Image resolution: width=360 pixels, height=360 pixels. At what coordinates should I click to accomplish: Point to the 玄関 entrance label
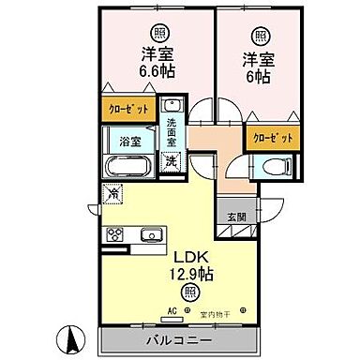pyautogui.click(x=235, y=217)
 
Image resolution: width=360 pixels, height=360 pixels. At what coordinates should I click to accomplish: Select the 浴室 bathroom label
pyautogui.click(x=130, y=142)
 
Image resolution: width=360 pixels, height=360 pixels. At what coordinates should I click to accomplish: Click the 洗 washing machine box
pyautogui.click(x=172, y=160)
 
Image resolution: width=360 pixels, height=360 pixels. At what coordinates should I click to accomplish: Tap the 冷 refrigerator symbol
pyautogui.click(x=112, y=195)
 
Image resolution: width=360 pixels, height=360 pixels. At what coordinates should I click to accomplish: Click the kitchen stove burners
pyautogui.click(x=116, y=233)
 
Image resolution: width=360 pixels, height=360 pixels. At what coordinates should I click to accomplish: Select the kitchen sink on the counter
pyautogui.click(x=150, y=233)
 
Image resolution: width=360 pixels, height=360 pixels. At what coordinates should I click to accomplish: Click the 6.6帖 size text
pyautogui.click(x=157, y=68)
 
